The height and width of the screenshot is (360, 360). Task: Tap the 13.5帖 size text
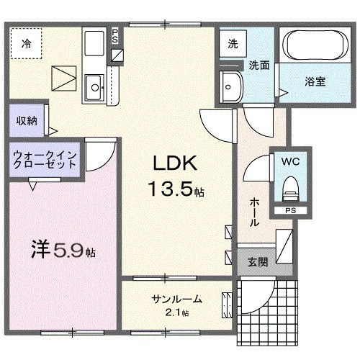(x=176, y=190)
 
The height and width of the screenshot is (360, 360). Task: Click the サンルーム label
(x=176, y=299)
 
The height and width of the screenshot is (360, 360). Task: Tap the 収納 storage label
(x=27, y=121)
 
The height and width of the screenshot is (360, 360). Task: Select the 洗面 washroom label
(x=259, y=65)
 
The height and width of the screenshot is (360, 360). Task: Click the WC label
(x=292, y=162)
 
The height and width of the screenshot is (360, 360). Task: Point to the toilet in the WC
(x=291, y=189)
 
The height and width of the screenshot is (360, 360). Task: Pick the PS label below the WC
(x=290, y=210)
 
